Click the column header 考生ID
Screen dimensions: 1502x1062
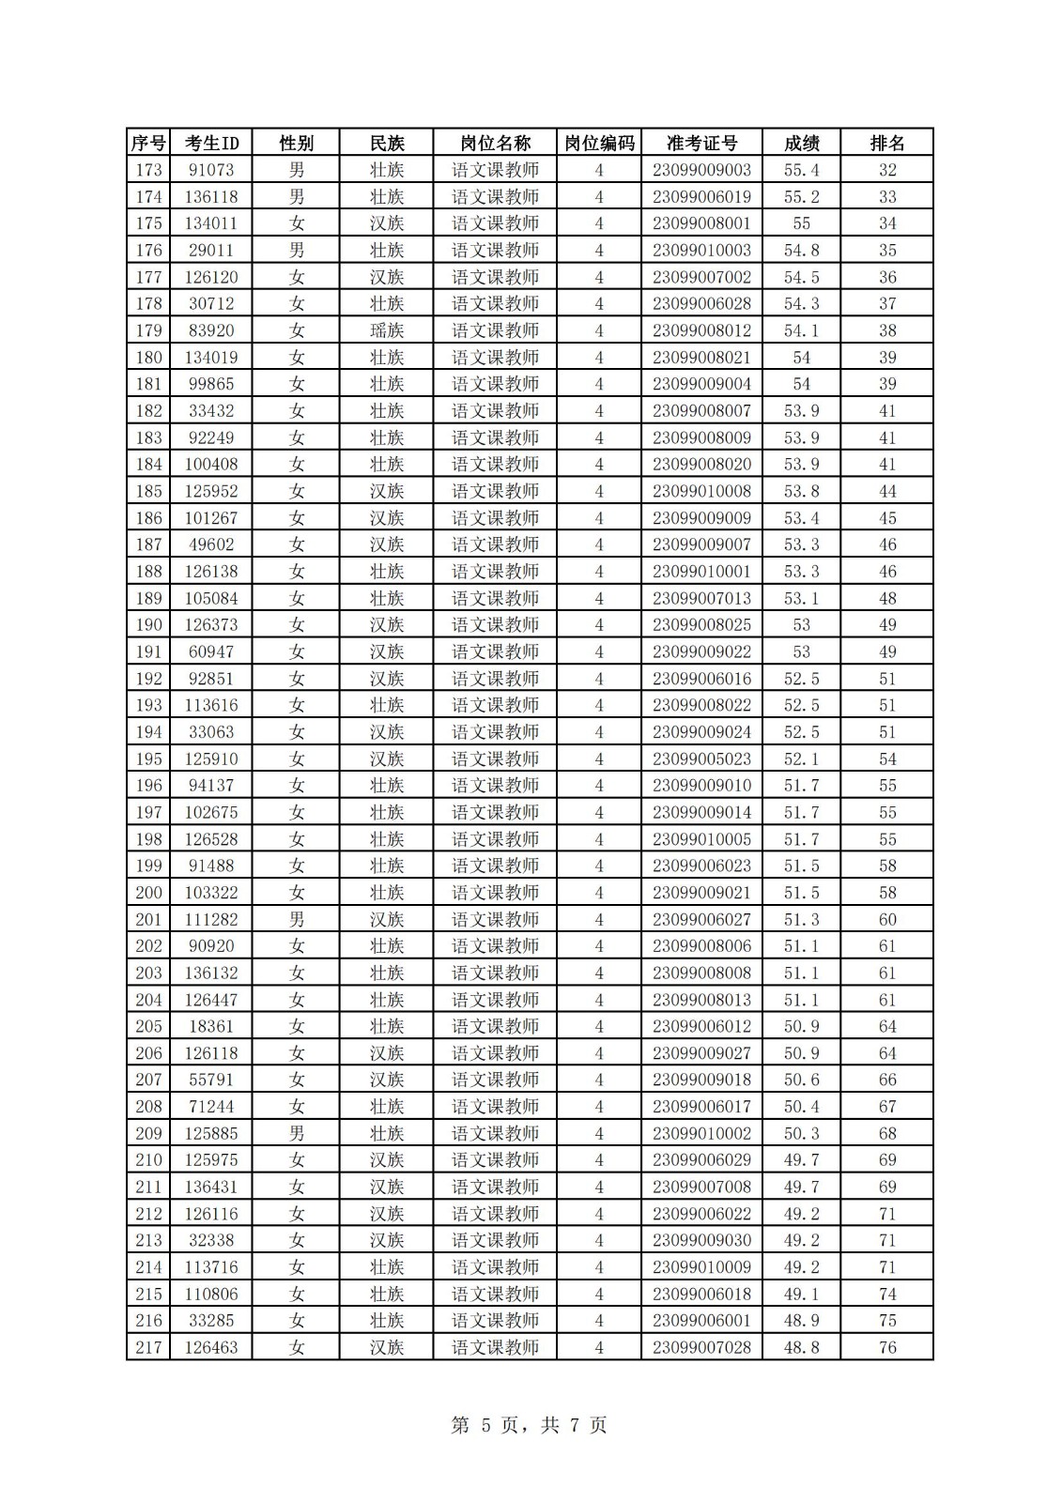coord(211,143)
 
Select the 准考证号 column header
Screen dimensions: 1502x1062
coord(701,143)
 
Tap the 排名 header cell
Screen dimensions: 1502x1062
coord(886,143)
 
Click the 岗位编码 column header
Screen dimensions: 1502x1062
coord(599,143)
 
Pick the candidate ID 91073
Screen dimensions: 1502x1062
coord(211,170)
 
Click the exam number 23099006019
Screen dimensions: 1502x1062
coord(701,197)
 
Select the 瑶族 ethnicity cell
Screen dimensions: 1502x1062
coord(386,330)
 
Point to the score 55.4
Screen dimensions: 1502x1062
coord(801,170)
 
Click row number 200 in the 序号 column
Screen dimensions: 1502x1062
coord(148,893)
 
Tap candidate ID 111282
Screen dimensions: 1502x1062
coord(211,919)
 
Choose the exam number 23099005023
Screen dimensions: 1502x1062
coord(701,759)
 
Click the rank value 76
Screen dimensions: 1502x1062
coord(886,1347)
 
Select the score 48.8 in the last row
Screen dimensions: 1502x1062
coord(801,1347)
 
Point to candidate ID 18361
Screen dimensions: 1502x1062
coord(211,1026)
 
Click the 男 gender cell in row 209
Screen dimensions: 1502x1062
coord(297,1133)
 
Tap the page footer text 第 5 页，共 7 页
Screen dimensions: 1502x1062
coord(530,1425)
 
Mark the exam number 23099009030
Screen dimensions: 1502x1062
coord(701,1240)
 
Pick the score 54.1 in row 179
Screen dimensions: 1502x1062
coord(801,330)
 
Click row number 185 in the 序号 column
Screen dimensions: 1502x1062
coord(148,491)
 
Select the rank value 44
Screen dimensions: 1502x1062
coord(886,491)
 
